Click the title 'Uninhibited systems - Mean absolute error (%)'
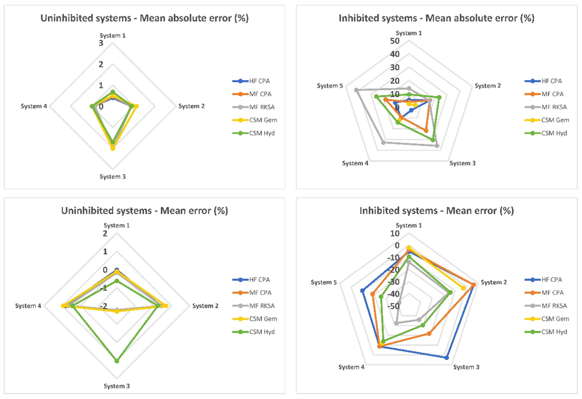tap(144, 18)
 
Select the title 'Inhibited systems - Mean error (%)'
tap(437, 211)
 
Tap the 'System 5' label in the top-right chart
tap(330, 86)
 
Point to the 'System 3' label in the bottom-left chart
tap(117, 386)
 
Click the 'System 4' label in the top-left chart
tap(34, 106)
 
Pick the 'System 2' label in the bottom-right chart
tap(494, 282)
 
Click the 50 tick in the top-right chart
tap(395, 41)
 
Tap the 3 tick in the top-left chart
tap(101, 43)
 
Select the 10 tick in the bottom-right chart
tap(395, 233)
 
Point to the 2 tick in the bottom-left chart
tap(105, 234)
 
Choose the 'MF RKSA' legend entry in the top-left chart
tap(262, 107)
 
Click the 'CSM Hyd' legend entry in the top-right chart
tap(554, 133)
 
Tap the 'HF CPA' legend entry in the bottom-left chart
tap(259, 280)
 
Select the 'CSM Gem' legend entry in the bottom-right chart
tap(555, 319)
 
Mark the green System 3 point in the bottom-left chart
tap(117, 361)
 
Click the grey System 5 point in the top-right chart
tap(356, 90)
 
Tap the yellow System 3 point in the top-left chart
tap(113, 149)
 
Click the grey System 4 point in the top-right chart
tap(383, 143)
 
